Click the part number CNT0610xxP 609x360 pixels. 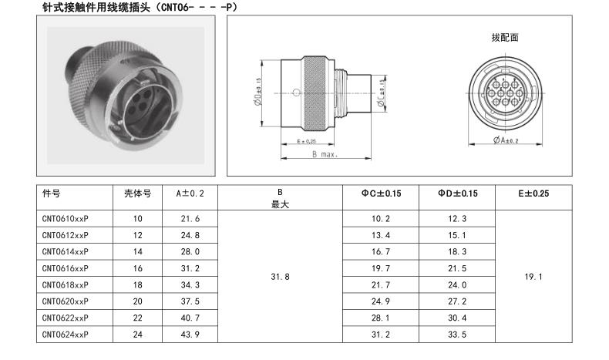[x=66, y=219]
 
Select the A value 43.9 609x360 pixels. [x=190, y=335]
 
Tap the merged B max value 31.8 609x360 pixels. [x=280, y=277]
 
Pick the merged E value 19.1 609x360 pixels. [x=533, y=277]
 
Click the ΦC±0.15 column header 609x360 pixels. [x=381, y=193]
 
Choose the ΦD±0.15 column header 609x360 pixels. [x=458, y=193]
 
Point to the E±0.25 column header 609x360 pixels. [x=533, y=193]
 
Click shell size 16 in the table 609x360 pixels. [x=137, y=268]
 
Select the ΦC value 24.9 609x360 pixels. [x=381, y=301]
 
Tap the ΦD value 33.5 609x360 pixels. [x=457, y=335]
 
